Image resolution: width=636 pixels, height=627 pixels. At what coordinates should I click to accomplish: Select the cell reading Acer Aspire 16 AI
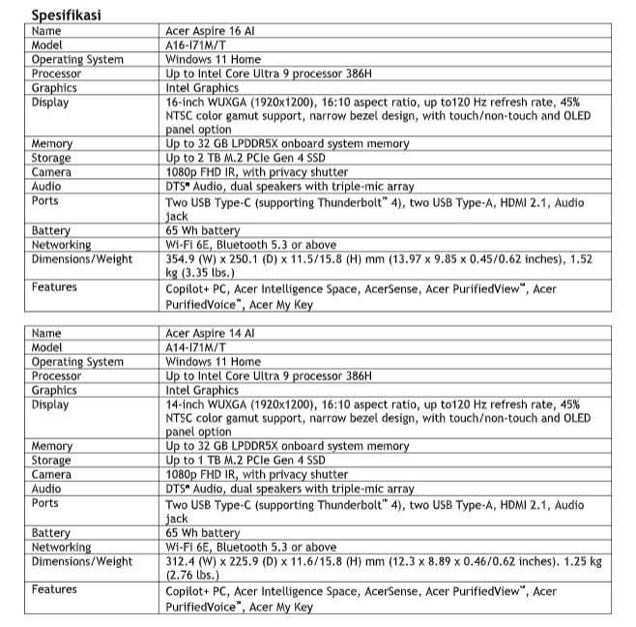(210, 31)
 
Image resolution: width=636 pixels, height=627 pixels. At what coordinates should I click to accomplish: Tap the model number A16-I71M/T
(197, 45)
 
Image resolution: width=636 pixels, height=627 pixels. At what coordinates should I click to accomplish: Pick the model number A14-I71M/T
(197, 347)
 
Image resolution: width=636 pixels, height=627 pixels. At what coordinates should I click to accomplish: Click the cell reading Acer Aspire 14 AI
(210, 333)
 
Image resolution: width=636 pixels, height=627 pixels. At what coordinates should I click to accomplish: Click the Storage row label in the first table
(51, 158)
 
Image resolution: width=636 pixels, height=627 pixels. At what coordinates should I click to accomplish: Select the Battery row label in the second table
(51, 533)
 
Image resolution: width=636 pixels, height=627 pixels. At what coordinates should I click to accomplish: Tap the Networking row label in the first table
(61, 245)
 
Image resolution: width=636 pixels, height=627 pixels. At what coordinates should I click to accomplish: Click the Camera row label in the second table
(51, 475)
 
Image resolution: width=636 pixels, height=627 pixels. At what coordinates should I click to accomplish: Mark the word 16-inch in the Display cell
(186, 102)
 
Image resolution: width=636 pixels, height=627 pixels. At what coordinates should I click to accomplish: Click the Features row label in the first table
(54, 287)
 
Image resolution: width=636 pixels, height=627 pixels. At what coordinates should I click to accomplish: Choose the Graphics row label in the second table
(54, 391)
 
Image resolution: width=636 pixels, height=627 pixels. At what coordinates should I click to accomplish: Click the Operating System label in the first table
(77, 60)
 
